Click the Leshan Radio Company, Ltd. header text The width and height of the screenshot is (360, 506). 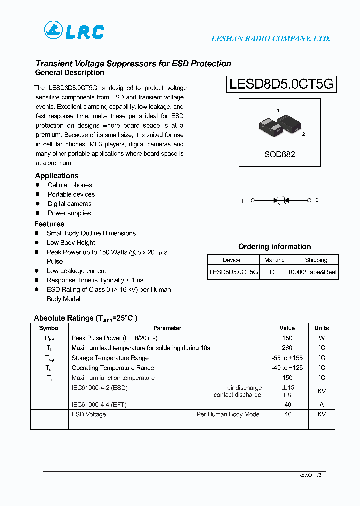coord(271,39)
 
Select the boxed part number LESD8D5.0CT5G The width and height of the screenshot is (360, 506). coord(281,84)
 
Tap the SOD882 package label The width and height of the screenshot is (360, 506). coord(279,154)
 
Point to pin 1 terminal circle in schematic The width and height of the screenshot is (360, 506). coord(253,200)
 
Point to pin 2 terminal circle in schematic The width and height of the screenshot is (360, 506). coord(309,200)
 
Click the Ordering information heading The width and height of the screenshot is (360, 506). coord(274,247)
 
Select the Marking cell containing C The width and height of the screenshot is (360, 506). coord(272,272)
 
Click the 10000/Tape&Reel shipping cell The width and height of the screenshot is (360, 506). coord(312,272)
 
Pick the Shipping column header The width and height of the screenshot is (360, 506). coord(316,260)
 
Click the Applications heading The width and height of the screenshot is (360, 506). coord(57,176)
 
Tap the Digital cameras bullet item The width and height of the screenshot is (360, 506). coord(69,204)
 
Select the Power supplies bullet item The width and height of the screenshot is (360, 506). coord(69,213)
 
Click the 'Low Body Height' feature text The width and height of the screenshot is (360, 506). coord(71,243)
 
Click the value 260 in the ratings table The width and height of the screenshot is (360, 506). coord(287,348)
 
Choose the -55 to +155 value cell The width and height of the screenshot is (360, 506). coord(287,358)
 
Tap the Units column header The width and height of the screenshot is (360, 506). coord(321,328)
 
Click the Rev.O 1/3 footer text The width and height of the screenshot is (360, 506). coord(310,475)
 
